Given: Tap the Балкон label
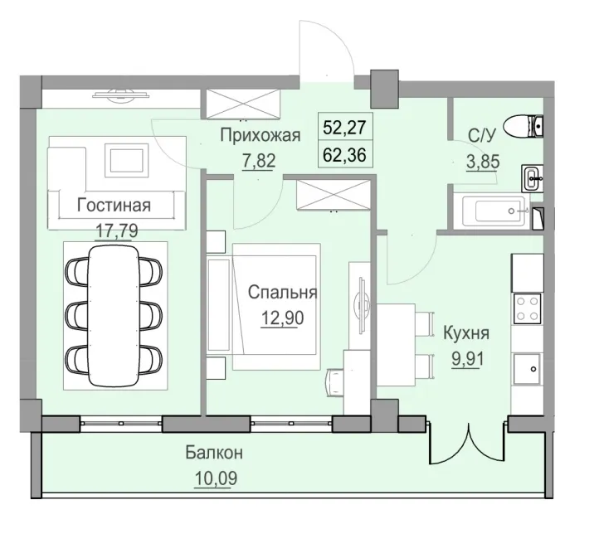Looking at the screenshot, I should click(x=214, y=454).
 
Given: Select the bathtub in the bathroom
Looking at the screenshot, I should click(x=489, y=211).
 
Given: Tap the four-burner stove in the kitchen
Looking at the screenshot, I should click(x=527, y=309).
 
